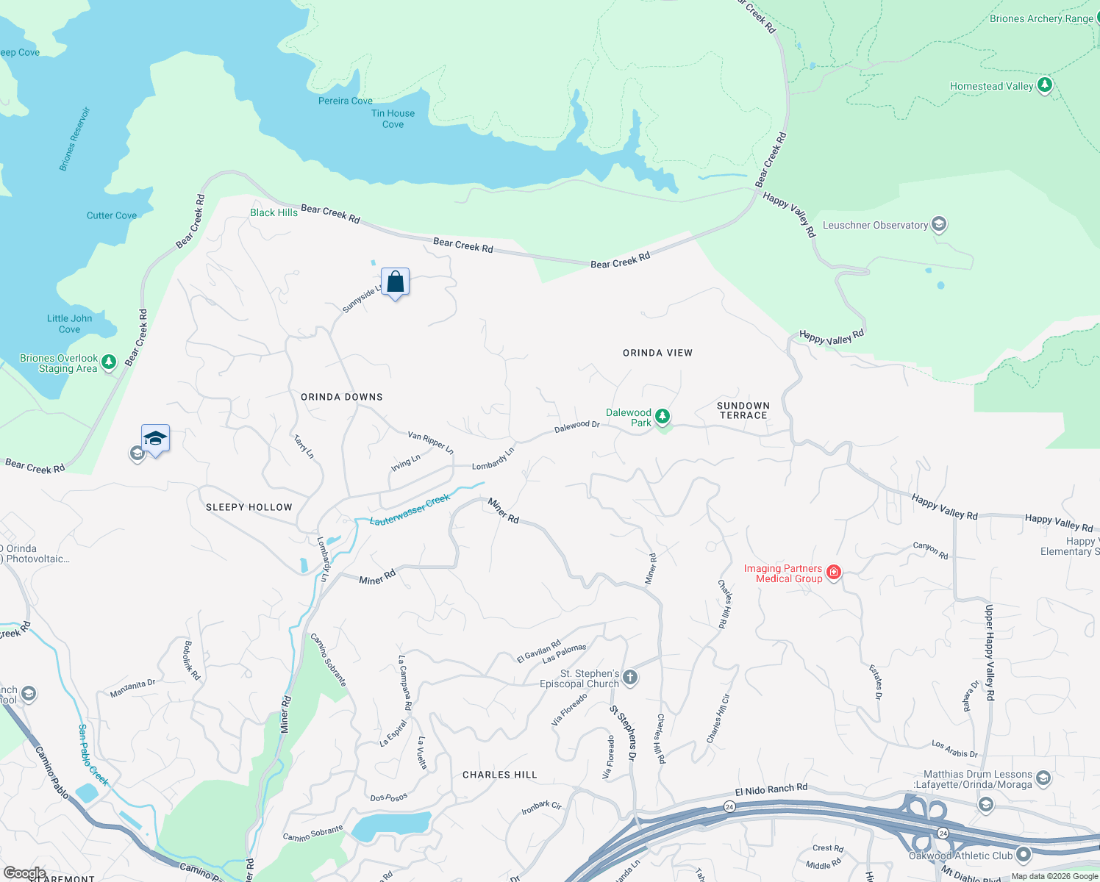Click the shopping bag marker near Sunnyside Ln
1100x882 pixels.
coord(395,282)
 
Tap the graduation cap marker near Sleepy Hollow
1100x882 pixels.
coord(155,439)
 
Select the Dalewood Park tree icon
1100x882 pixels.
coord(662,417)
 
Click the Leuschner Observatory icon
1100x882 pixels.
coord(938,224)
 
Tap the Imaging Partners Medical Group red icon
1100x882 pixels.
coord(833,573)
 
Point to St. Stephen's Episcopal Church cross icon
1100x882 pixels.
coord(630,677)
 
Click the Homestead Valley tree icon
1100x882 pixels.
coord(1044,85)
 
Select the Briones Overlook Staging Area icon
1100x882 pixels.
coord(109,362)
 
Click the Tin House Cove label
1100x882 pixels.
coord(393,119)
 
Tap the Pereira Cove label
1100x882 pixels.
coord(345,101)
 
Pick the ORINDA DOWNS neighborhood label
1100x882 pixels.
coord(342,397)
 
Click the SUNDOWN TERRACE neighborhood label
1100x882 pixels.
coord(743,410)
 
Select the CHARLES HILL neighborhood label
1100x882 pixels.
coord(500,775)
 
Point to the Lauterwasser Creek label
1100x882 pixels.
coord(410,510)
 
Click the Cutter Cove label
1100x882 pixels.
coord(112,215)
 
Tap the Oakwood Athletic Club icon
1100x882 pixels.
coord(1023,855)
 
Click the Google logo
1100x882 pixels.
coord(24,873)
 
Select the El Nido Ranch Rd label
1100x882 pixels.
coord(771,789)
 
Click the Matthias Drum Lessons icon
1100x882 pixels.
coord(1043,778)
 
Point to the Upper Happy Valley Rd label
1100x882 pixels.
coord(990,652)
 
